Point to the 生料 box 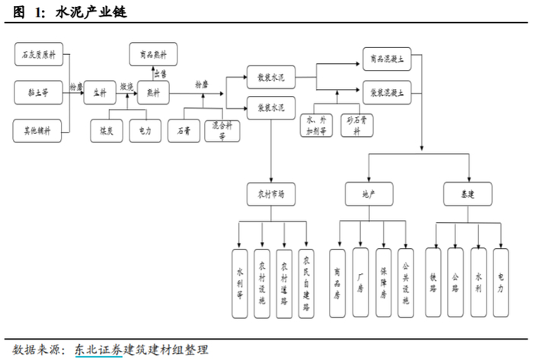(99, 92)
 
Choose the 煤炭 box (106, 130)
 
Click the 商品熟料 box (151, 55)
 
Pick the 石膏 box (183, 130)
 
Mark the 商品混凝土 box (387, 59)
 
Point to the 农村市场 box (269, 194)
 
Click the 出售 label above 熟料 (159, 73)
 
